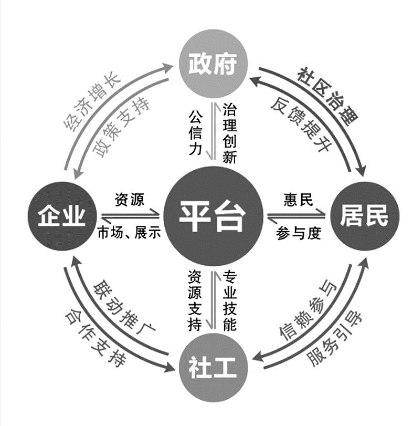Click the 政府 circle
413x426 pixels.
pyautogui.click(x=214, y=64)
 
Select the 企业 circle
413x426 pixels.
pyautogui.click(x=62, y=216)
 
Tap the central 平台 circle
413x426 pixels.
pyautogui.click(x=214, y=216)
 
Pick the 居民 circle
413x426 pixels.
pyautogui.click(x=365, y=216)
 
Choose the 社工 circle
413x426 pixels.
pyautogui.click(x=214, y=368)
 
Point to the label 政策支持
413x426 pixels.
pyautogui.click(x=121, y=128)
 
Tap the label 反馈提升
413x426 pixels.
pyautogui.click(x=300, y=124)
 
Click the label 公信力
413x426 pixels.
pyautogui.click(x=195, y=132)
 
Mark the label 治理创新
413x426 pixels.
pyautogui.click(x=229, y=133)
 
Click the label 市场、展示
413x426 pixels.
pyautogui.click(x=129, y=233)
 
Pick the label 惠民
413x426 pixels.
pyautogui.click(x=298, y=200)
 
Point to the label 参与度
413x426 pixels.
pyautogui.click(x=299, y=233)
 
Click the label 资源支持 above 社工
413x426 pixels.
pyautogui.click(x=195, y=300)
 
